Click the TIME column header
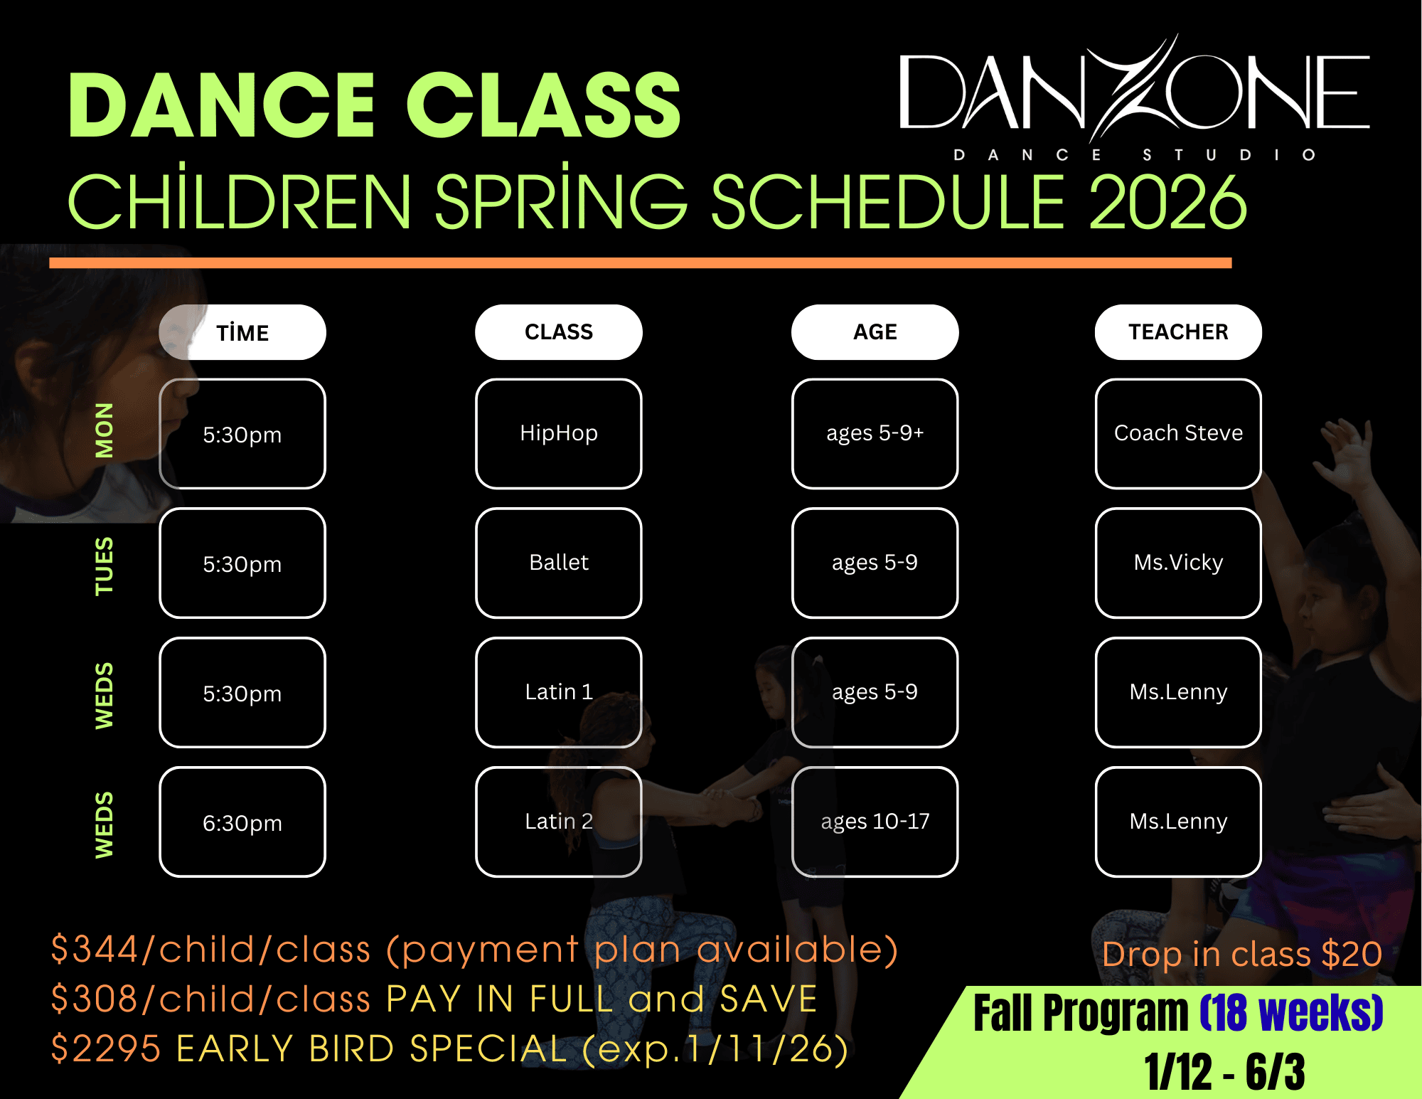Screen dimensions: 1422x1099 [242, 332]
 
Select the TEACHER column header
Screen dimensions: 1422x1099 [1178, 332]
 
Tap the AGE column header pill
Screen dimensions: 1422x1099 [875, 332]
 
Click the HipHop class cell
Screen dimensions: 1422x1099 [559, 434]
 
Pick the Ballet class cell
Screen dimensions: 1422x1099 [559, 563]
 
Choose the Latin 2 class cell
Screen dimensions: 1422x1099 [559, 822]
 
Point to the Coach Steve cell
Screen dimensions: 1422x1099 [1178, 434]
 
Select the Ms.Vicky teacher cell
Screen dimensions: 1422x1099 [1178, 563]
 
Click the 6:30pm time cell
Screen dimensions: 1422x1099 [242, 822]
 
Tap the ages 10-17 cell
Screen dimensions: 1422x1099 [875, 822]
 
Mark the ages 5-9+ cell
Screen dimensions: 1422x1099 [875, 434]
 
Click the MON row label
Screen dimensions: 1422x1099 [104, 430]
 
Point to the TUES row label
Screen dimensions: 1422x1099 [104, 566]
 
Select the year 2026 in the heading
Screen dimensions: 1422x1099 [1167, 202]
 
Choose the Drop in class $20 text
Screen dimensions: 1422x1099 [1242, 954]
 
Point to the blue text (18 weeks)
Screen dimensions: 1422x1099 [1291, 1013]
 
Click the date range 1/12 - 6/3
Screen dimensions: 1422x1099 [1224, 1072]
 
